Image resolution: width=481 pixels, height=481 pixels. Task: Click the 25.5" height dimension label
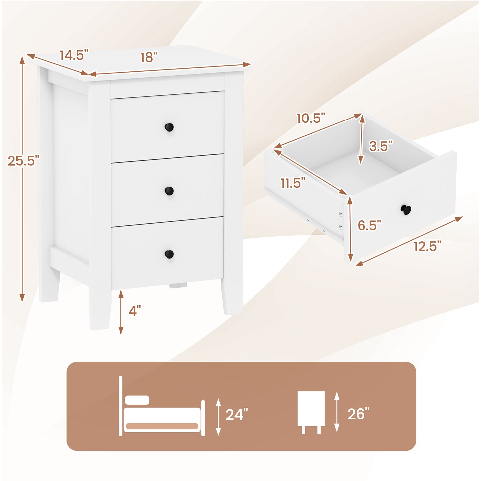[x=23, y=161]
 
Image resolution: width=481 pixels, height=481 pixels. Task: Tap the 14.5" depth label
[x=74, y=55]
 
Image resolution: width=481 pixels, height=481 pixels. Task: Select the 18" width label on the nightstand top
[x=148, y=58]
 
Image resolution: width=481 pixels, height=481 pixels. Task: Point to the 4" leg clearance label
[x=134, y=311]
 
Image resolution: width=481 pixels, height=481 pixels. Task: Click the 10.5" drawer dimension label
[x=311, y=118]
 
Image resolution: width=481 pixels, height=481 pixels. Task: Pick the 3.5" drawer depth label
[x=381, y=146]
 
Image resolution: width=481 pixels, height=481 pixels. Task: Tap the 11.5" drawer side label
[x=293, y=183]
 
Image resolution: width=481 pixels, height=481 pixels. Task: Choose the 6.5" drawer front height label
[x=369, y=225]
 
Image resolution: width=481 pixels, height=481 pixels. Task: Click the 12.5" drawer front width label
[x=427, y=246]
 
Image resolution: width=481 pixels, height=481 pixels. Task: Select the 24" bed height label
[x=237, y=415]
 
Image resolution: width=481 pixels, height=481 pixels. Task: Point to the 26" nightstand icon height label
[x=359, y=414]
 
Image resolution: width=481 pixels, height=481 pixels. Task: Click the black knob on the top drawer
[x=169, y=127]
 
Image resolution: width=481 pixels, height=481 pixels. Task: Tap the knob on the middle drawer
[x=169, y=191]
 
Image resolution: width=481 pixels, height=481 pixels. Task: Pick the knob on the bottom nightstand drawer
[x=169, y=254]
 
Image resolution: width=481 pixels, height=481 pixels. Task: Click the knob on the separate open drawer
[x=406, y=210]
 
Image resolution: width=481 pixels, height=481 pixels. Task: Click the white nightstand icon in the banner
[x=311, y=412]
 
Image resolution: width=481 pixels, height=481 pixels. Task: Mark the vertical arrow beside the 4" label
[x=121, y=312]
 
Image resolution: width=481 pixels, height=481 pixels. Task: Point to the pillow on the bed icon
[x=137, y=400]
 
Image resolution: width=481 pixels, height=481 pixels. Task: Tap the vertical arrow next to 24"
[x=218, y=417]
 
